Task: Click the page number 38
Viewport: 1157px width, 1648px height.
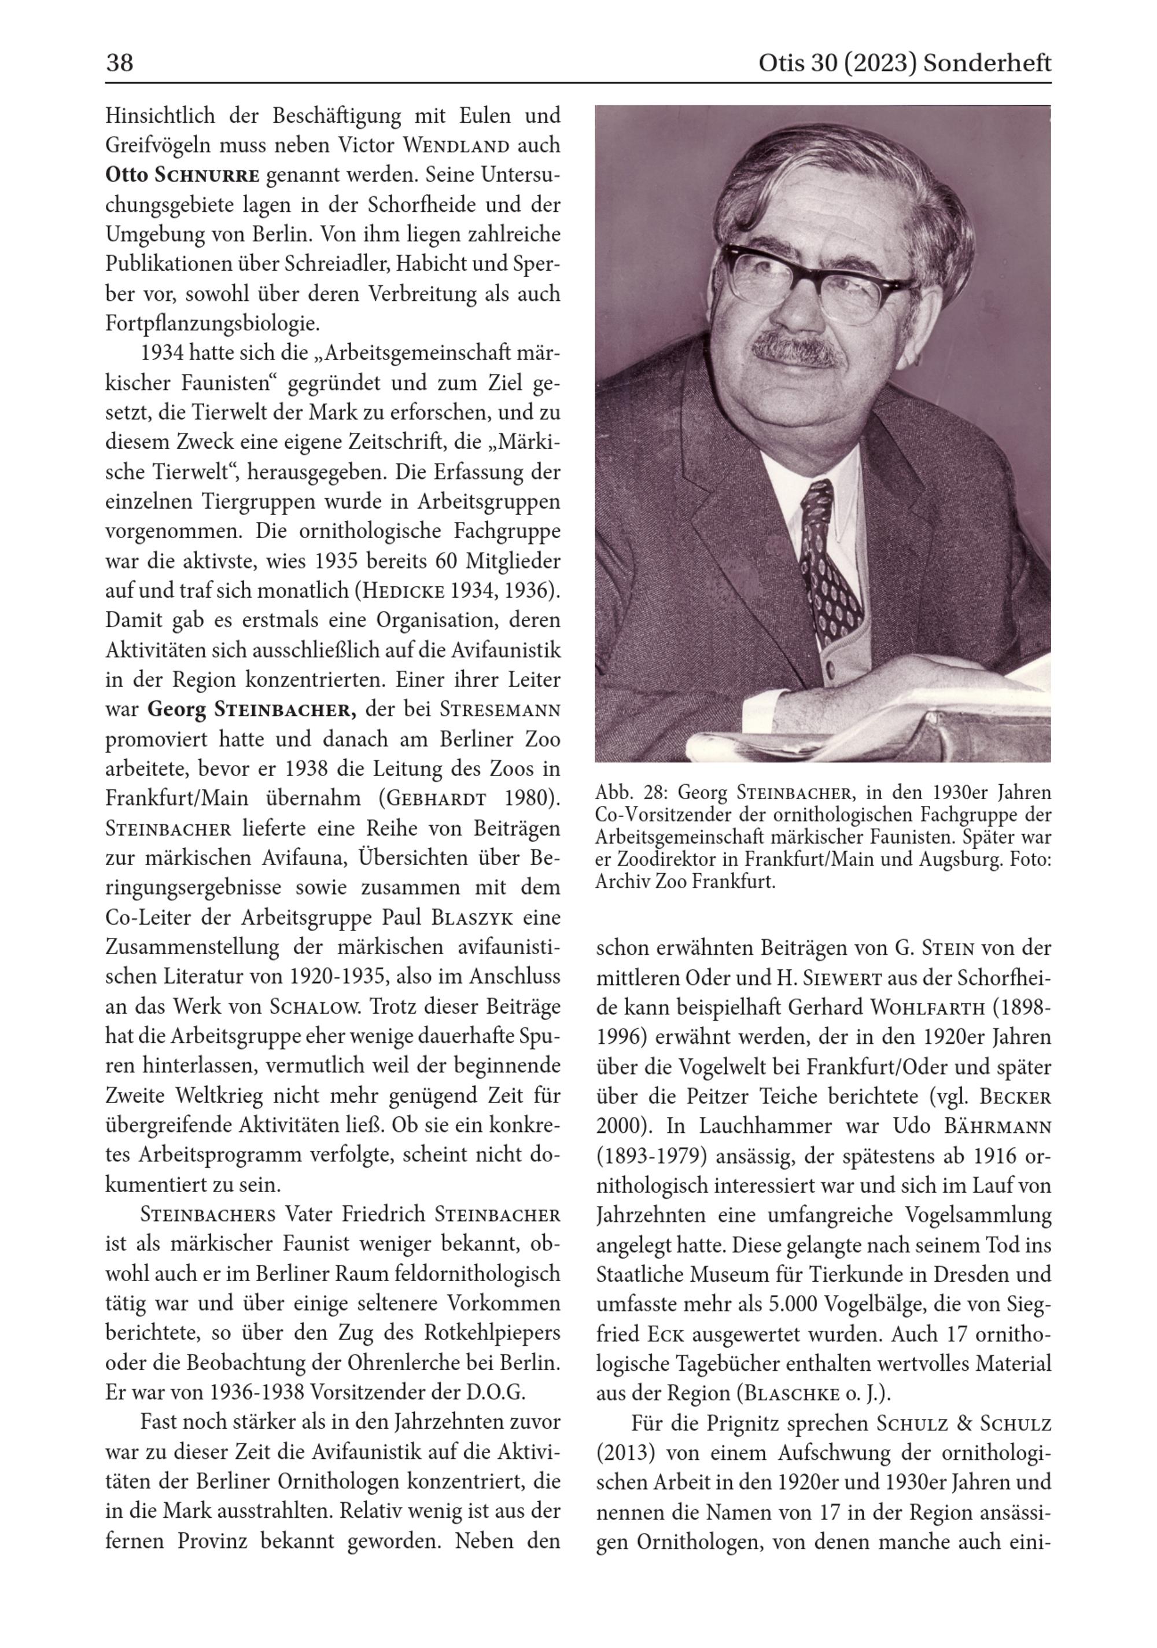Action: [119, 63]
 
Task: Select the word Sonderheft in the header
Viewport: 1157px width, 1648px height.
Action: [987, 63]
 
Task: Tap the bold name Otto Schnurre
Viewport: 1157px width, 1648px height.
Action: [182, 175]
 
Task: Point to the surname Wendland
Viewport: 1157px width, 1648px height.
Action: [456, 146]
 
